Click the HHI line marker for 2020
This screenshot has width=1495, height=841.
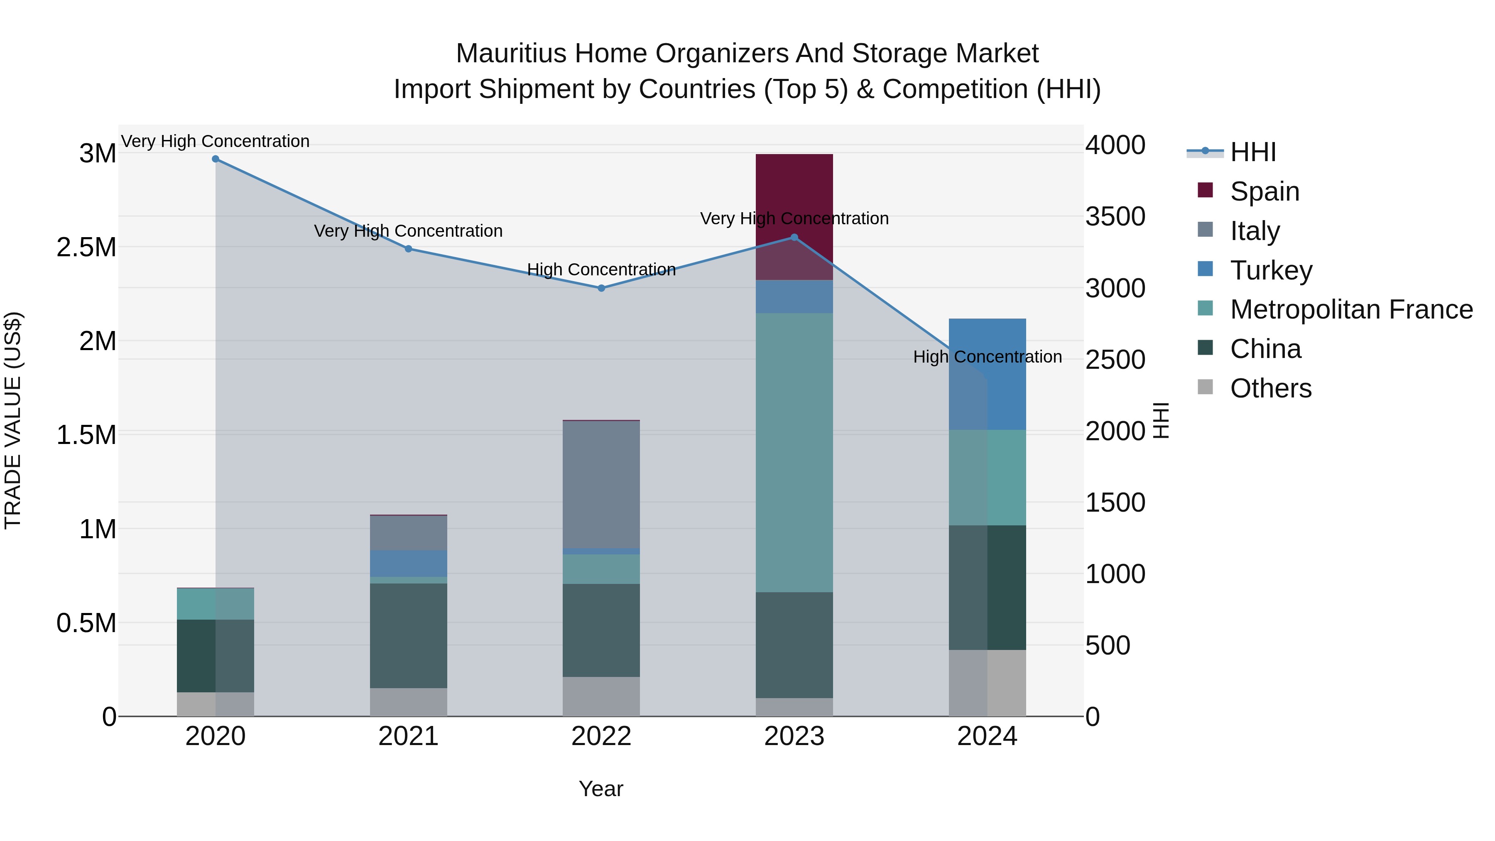pyautogui.click(x=215, y=159)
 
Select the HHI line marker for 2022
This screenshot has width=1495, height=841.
pyautogui.click(x=601, y=288)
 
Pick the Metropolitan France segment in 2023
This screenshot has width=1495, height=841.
pyautogui.click(x=794, y=453)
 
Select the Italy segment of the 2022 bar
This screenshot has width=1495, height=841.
pyautogui.click(x=601, y=485)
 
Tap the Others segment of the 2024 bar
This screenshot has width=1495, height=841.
pyautogui.click(x=987, y=683)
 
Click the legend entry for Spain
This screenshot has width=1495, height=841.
pyautogui.click(x=1264, y=191)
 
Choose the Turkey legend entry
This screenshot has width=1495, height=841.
pyautogui.click(x=1270, y=270)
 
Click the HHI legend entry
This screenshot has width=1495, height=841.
pyautogui.click(x=1252, y=152)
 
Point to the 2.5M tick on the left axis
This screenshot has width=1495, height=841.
pyautogui.click(x=86, y=247)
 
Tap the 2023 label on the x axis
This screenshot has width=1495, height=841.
pyautogui.click(x=794, y=736)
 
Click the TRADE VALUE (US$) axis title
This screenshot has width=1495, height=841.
pyautogui.click(x=13, y=420)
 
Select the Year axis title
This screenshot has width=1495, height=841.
pyautogui.click(x=600, y=789)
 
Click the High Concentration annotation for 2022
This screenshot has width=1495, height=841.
pyautogui.click(x=601, y=270)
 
